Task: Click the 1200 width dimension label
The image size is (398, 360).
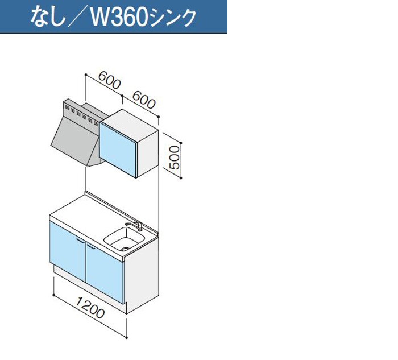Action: (90, 308)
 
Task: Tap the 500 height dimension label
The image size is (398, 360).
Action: (175, 158)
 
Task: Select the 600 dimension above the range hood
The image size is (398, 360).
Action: (109, 80)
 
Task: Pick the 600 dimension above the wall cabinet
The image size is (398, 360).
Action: (144, 100)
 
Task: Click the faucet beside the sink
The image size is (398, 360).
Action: (135, 226)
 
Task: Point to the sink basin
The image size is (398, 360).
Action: (124, 239)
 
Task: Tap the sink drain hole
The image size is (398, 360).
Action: (125, 249)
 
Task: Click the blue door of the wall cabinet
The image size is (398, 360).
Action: (118, 149)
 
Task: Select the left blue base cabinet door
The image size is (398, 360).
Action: (68, 250)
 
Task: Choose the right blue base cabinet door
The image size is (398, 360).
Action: (105, 272)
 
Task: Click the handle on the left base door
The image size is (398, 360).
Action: (80, 240)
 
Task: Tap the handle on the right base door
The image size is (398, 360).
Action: (91, 246)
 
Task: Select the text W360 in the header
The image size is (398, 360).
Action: (119, 18)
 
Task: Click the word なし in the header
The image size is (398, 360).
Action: (47, 17)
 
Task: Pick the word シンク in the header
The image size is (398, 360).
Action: (173, 18)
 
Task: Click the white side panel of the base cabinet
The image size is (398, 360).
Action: (142, 274)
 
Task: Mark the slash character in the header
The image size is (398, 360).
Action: (77, 18)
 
